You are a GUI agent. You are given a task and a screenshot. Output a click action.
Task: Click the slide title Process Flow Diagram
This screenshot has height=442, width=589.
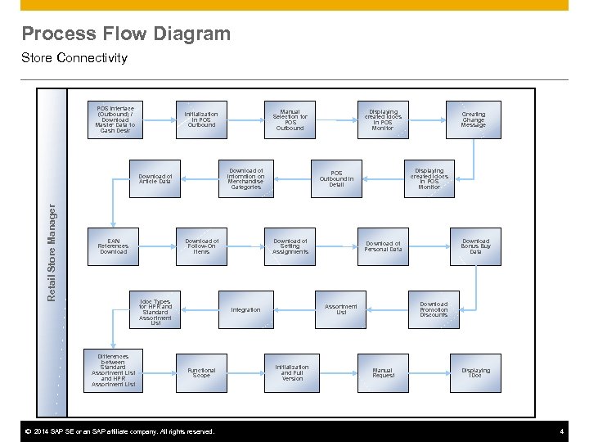(126, 34)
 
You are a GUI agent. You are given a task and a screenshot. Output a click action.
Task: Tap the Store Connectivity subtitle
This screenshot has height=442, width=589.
(74, 58)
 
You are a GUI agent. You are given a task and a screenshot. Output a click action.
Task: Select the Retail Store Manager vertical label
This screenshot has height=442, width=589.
(52, 253)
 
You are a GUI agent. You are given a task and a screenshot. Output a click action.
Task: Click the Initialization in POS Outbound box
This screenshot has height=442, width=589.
(201, 120)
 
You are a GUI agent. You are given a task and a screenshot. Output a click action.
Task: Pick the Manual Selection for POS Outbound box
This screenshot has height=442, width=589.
(290, 120)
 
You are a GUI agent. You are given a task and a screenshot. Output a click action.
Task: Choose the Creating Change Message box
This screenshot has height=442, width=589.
(473, 120)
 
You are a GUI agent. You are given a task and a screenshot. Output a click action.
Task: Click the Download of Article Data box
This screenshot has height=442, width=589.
(155, 179)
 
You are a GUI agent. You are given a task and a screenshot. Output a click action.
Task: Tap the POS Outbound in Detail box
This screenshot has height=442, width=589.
(336, 179)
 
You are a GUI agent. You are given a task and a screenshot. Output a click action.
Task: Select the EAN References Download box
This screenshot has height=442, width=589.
(114, 246)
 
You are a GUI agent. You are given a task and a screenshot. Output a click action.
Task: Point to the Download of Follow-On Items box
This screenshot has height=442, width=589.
(201, 246)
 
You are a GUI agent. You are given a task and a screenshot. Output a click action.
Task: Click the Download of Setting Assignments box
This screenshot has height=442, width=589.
(290, 246)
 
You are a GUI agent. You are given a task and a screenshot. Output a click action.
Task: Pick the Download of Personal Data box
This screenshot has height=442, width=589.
(383, 246)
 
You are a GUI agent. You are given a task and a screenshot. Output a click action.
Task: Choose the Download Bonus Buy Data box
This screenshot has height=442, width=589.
(475, 246)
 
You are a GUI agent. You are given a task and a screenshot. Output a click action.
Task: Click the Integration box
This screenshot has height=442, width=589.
(245, 309)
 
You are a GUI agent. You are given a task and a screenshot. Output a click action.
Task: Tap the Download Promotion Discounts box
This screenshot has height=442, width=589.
(434, 309)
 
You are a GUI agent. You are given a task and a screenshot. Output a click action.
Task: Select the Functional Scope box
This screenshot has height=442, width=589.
(201, 372)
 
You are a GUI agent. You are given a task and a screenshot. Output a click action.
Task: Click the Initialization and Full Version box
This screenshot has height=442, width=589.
(292, 372)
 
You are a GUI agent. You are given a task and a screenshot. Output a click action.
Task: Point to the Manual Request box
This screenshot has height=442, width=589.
(383, 372)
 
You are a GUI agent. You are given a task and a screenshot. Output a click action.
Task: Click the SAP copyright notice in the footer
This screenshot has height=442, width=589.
(119, 431)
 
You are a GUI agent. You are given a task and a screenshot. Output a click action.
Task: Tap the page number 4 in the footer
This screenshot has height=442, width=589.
(561, 431)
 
